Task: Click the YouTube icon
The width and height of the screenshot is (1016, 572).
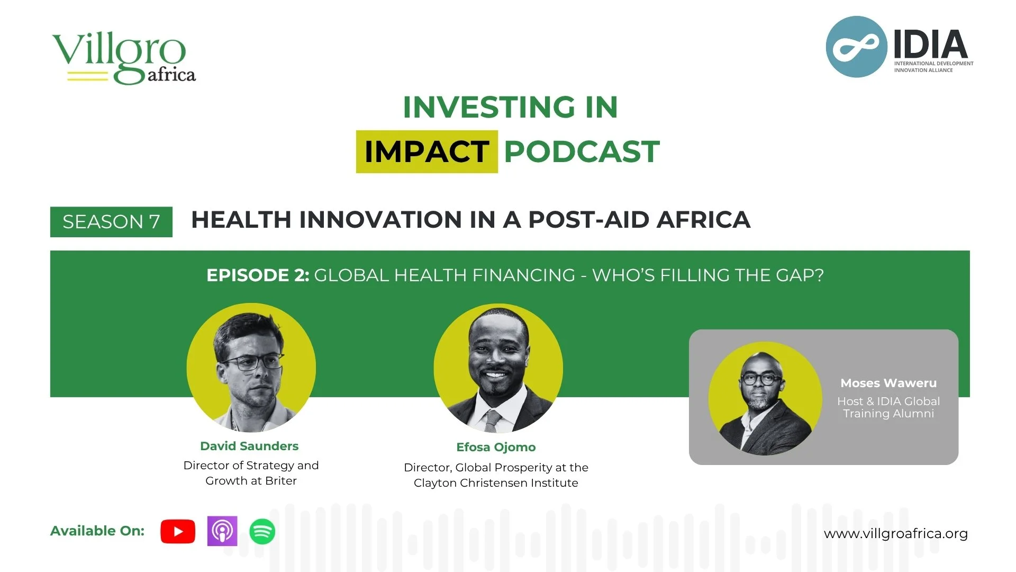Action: pos(178,531)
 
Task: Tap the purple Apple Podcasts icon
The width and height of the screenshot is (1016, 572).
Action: pos(222,531)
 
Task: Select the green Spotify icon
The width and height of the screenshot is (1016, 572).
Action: pos(262,531)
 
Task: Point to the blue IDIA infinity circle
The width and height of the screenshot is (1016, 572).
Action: pos(856,47)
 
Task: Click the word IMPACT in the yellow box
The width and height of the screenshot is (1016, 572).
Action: pos(427,152)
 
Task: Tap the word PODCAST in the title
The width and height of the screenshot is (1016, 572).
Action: pos(582,152)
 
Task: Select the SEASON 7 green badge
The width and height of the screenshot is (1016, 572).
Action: pos(111,222)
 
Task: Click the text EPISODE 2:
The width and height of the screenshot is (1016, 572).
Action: pos(258,275)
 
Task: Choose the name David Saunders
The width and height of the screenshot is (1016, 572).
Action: pos(249,446)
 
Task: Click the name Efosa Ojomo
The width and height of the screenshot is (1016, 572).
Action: pos(496,448)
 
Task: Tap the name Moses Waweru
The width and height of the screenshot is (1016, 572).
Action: pos(888,383)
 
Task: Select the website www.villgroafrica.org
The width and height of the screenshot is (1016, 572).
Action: pos(895,534)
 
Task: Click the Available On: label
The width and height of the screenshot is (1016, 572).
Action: pos(97,531)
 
